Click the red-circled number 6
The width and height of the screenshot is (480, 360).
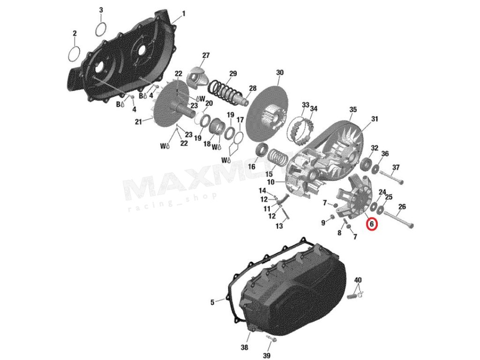click(x=371, y=224)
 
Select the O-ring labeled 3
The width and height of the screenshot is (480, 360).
click(x=100, y=29)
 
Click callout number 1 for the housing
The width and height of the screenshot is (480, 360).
click(x=184, y=14)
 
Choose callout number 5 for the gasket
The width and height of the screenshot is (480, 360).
click(x=212, y=302)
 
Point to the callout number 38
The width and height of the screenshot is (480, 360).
click(x=244, y=347)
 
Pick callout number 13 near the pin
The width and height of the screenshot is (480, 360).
click(x=279, y=226)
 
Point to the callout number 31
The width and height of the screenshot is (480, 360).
click(x=375, y=119)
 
